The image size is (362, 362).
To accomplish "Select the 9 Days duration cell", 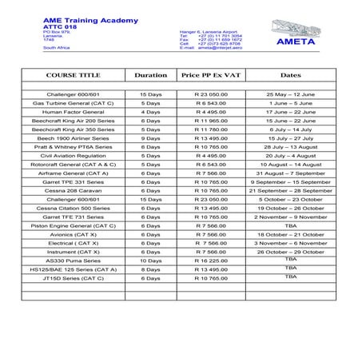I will tap(150, 137).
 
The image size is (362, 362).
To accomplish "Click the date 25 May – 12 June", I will tap(290, 94).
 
